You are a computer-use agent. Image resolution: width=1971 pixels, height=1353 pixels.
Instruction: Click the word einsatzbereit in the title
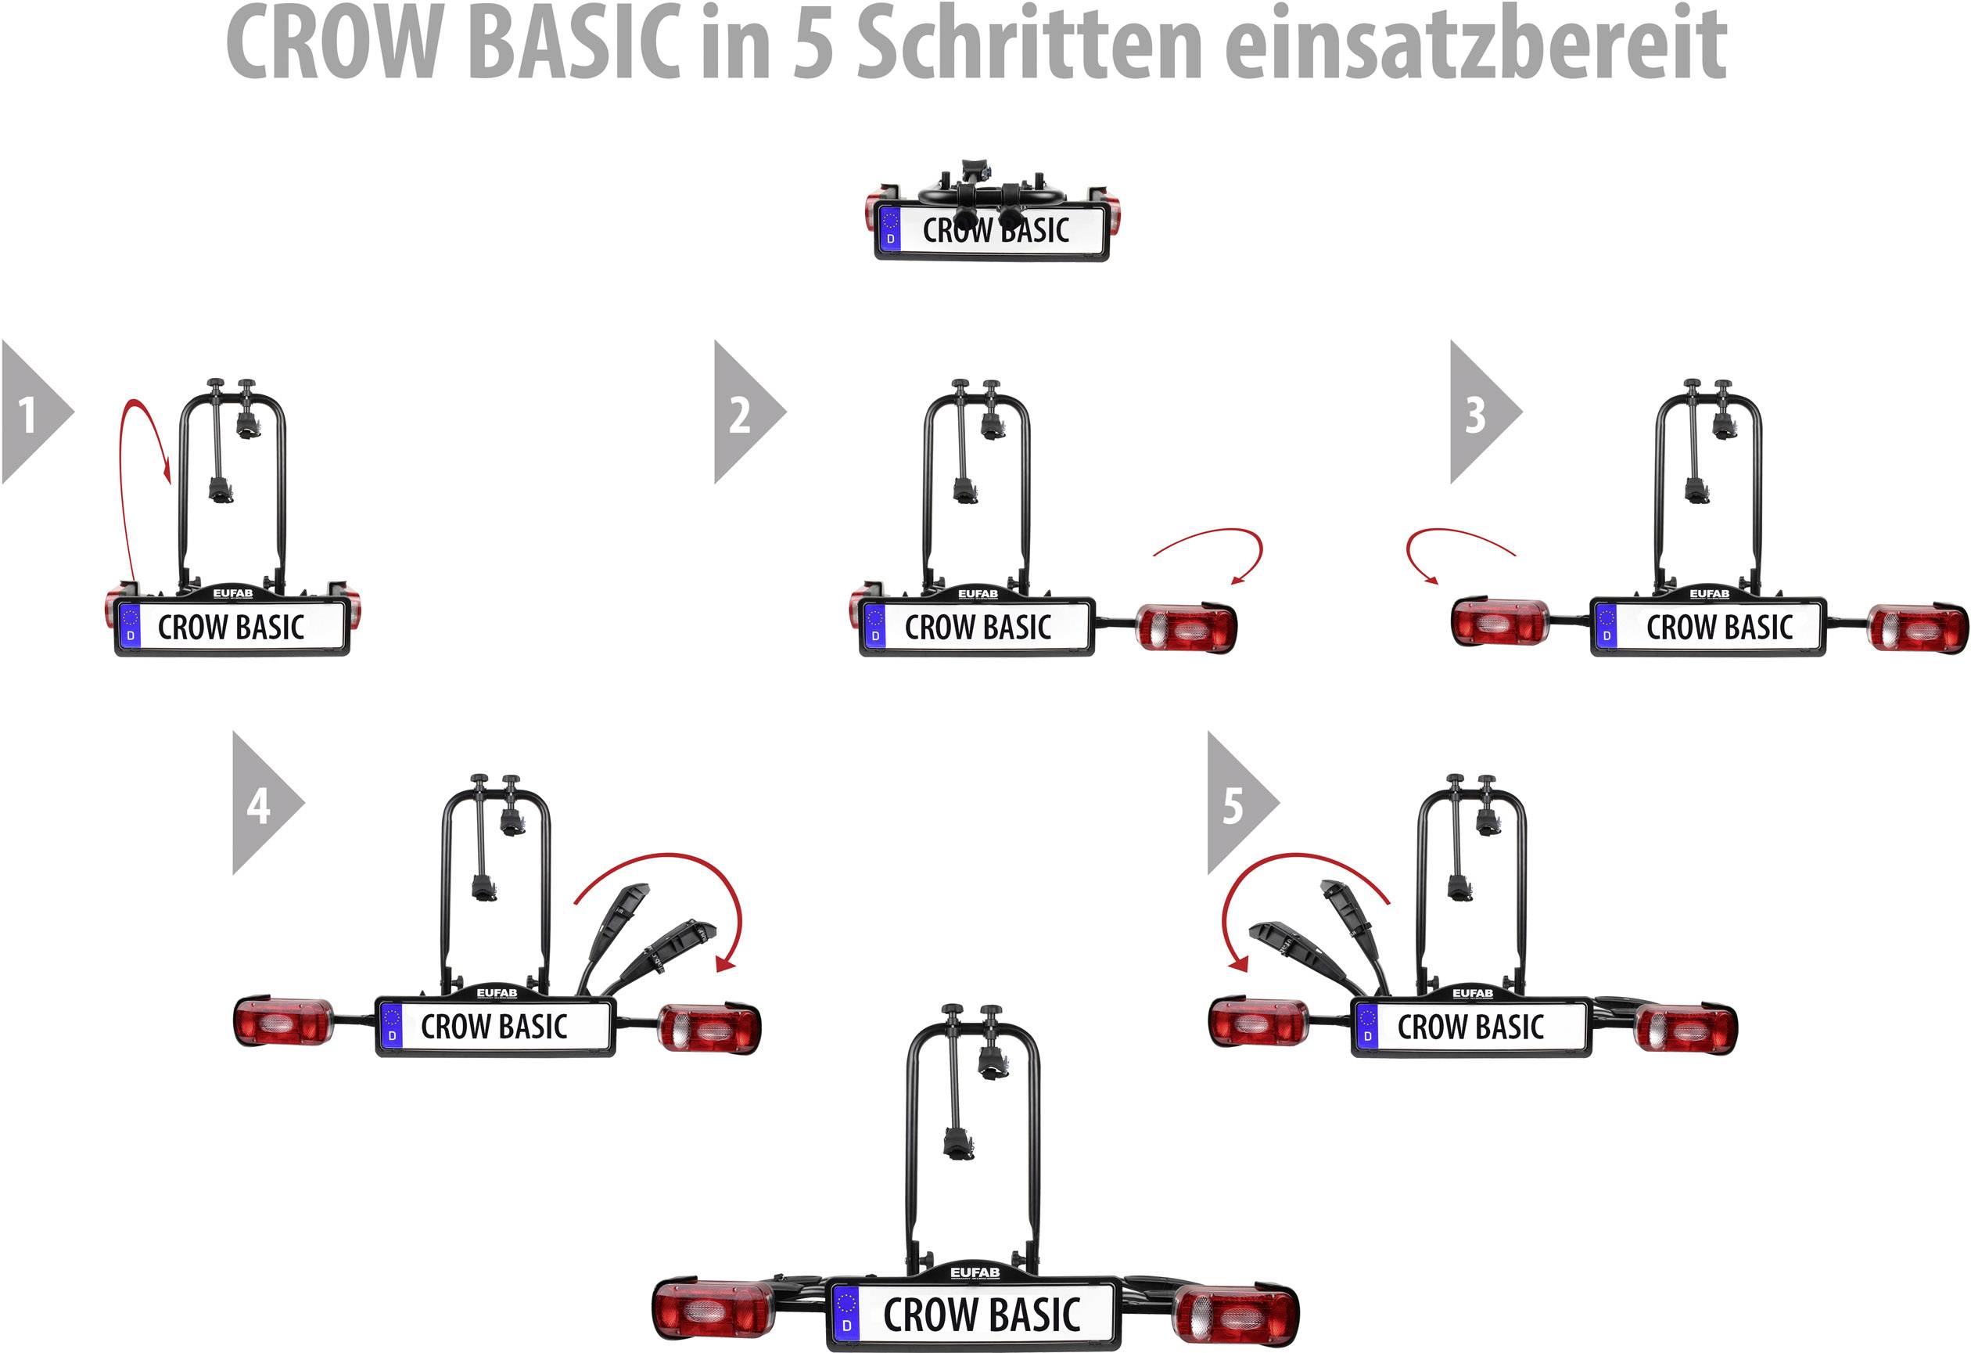click(1476, 42)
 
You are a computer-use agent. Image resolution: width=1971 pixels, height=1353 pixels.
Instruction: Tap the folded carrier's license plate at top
click(993, 230)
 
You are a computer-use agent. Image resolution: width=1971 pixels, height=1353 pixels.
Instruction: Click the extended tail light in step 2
click(1186, 628)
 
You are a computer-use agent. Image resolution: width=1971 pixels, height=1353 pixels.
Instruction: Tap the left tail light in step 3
click(1499, 623)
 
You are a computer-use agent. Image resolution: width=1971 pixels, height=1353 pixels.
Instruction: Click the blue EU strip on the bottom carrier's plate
click(845, 1315)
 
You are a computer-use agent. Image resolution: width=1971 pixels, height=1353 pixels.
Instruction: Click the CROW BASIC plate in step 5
click(1470, 1027)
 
